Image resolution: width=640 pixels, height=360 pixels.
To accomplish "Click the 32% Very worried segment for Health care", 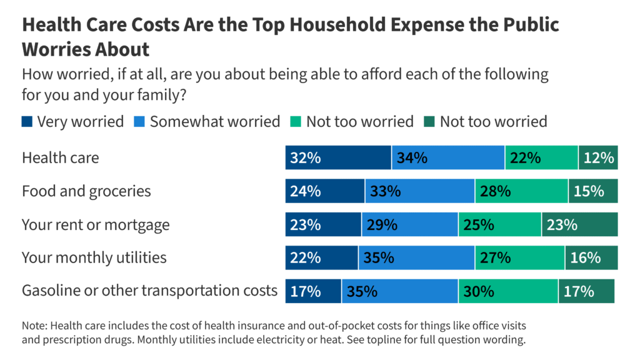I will (338, 157).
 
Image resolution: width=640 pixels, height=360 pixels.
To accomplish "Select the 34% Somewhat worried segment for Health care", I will (448, 157).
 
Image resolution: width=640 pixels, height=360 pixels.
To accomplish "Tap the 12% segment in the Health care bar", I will (597, 157).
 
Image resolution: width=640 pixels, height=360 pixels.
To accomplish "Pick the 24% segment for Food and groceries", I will (325, 191).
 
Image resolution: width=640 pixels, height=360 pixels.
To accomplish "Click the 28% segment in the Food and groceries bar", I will (521, 191).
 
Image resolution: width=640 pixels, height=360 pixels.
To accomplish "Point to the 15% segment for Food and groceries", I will (592, 191).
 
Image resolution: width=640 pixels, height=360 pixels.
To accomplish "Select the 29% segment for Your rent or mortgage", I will (409, 224).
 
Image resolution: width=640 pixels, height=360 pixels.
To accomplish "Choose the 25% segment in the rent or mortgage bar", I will (499, 224).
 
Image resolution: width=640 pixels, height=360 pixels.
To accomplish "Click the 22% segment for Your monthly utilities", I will (321, 257).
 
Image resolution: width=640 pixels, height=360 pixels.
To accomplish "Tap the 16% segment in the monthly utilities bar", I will (591, 257).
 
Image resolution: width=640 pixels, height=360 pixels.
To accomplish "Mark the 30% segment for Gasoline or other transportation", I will (508, 291).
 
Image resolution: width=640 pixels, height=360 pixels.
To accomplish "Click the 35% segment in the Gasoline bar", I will (399, 291).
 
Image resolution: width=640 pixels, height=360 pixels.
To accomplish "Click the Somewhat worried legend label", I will (214, 121).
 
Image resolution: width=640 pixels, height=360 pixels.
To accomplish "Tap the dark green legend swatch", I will (429, 121).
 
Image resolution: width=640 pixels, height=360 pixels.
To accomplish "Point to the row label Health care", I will (60, 157).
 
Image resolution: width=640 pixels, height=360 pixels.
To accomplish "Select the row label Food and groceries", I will (86, 191).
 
